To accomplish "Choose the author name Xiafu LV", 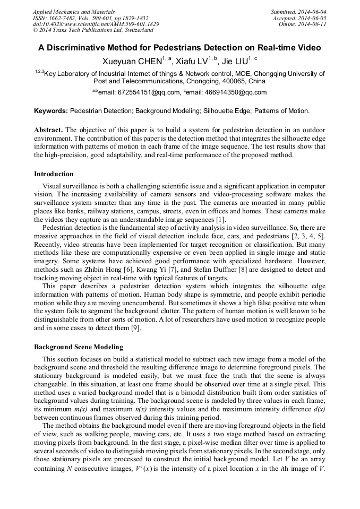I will (x=192, y=63).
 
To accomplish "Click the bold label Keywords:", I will (x=51, y=111).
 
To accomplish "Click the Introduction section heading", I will (x=54, y=174).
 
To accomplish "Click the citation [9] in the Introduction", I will (x=135, y=328).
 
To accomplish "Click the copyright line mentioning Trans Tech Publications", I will (x=87, y=30).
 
